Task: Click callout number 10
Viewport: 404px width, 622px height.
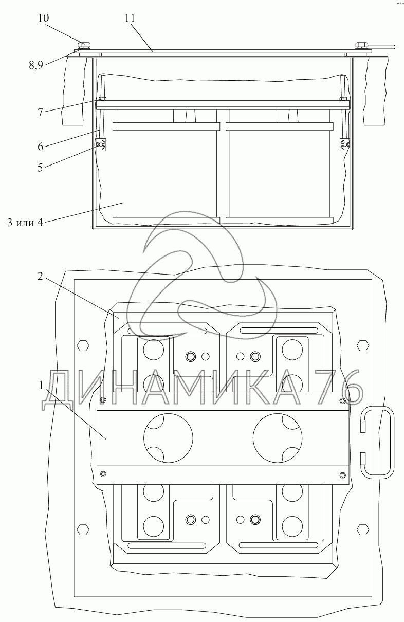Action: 43,19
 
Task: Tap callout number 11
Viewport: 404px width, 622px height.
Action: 130,18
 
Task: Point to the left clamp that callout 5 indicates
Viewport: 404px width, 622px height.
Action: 101,145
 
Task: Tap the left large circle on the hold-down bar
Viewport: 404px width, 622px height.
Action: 168,437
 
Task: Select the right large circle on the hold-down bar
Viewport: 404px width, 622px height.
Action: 278,437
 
